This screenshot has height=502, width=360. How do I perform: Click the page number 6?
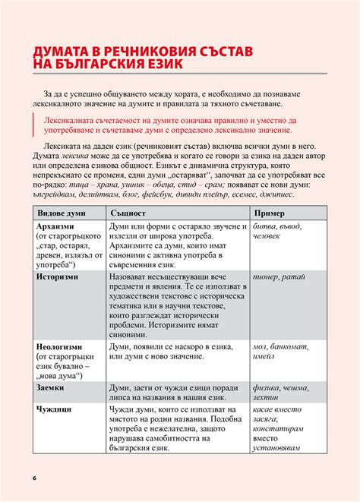point(34,477)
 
